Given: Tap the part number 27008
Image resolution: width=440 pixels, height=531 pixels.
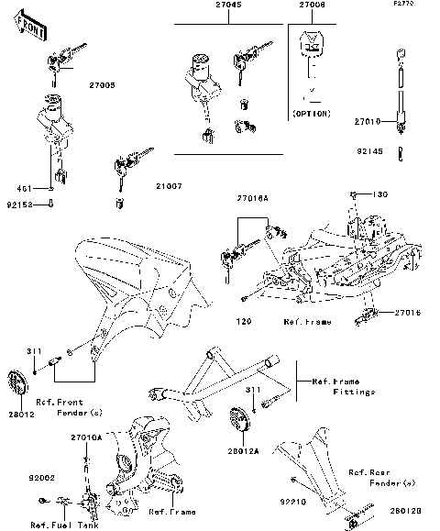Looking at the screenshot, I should (312, 6).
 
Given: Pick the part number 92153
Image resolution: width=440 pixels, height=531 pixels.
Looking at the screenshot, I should (19, 205).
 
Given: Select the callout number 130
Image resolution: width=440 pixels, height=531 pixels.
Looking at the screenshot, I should (381, 194).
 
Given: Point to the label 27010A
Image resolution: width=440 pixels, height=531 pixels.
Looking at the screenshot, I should (86, 438).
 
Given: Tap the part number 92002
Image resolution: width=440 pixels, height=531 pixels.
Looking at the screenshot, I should (41, 478).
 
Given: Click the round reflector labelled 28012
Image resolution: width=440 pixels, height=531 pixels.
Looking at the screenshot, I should (41, 382).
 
